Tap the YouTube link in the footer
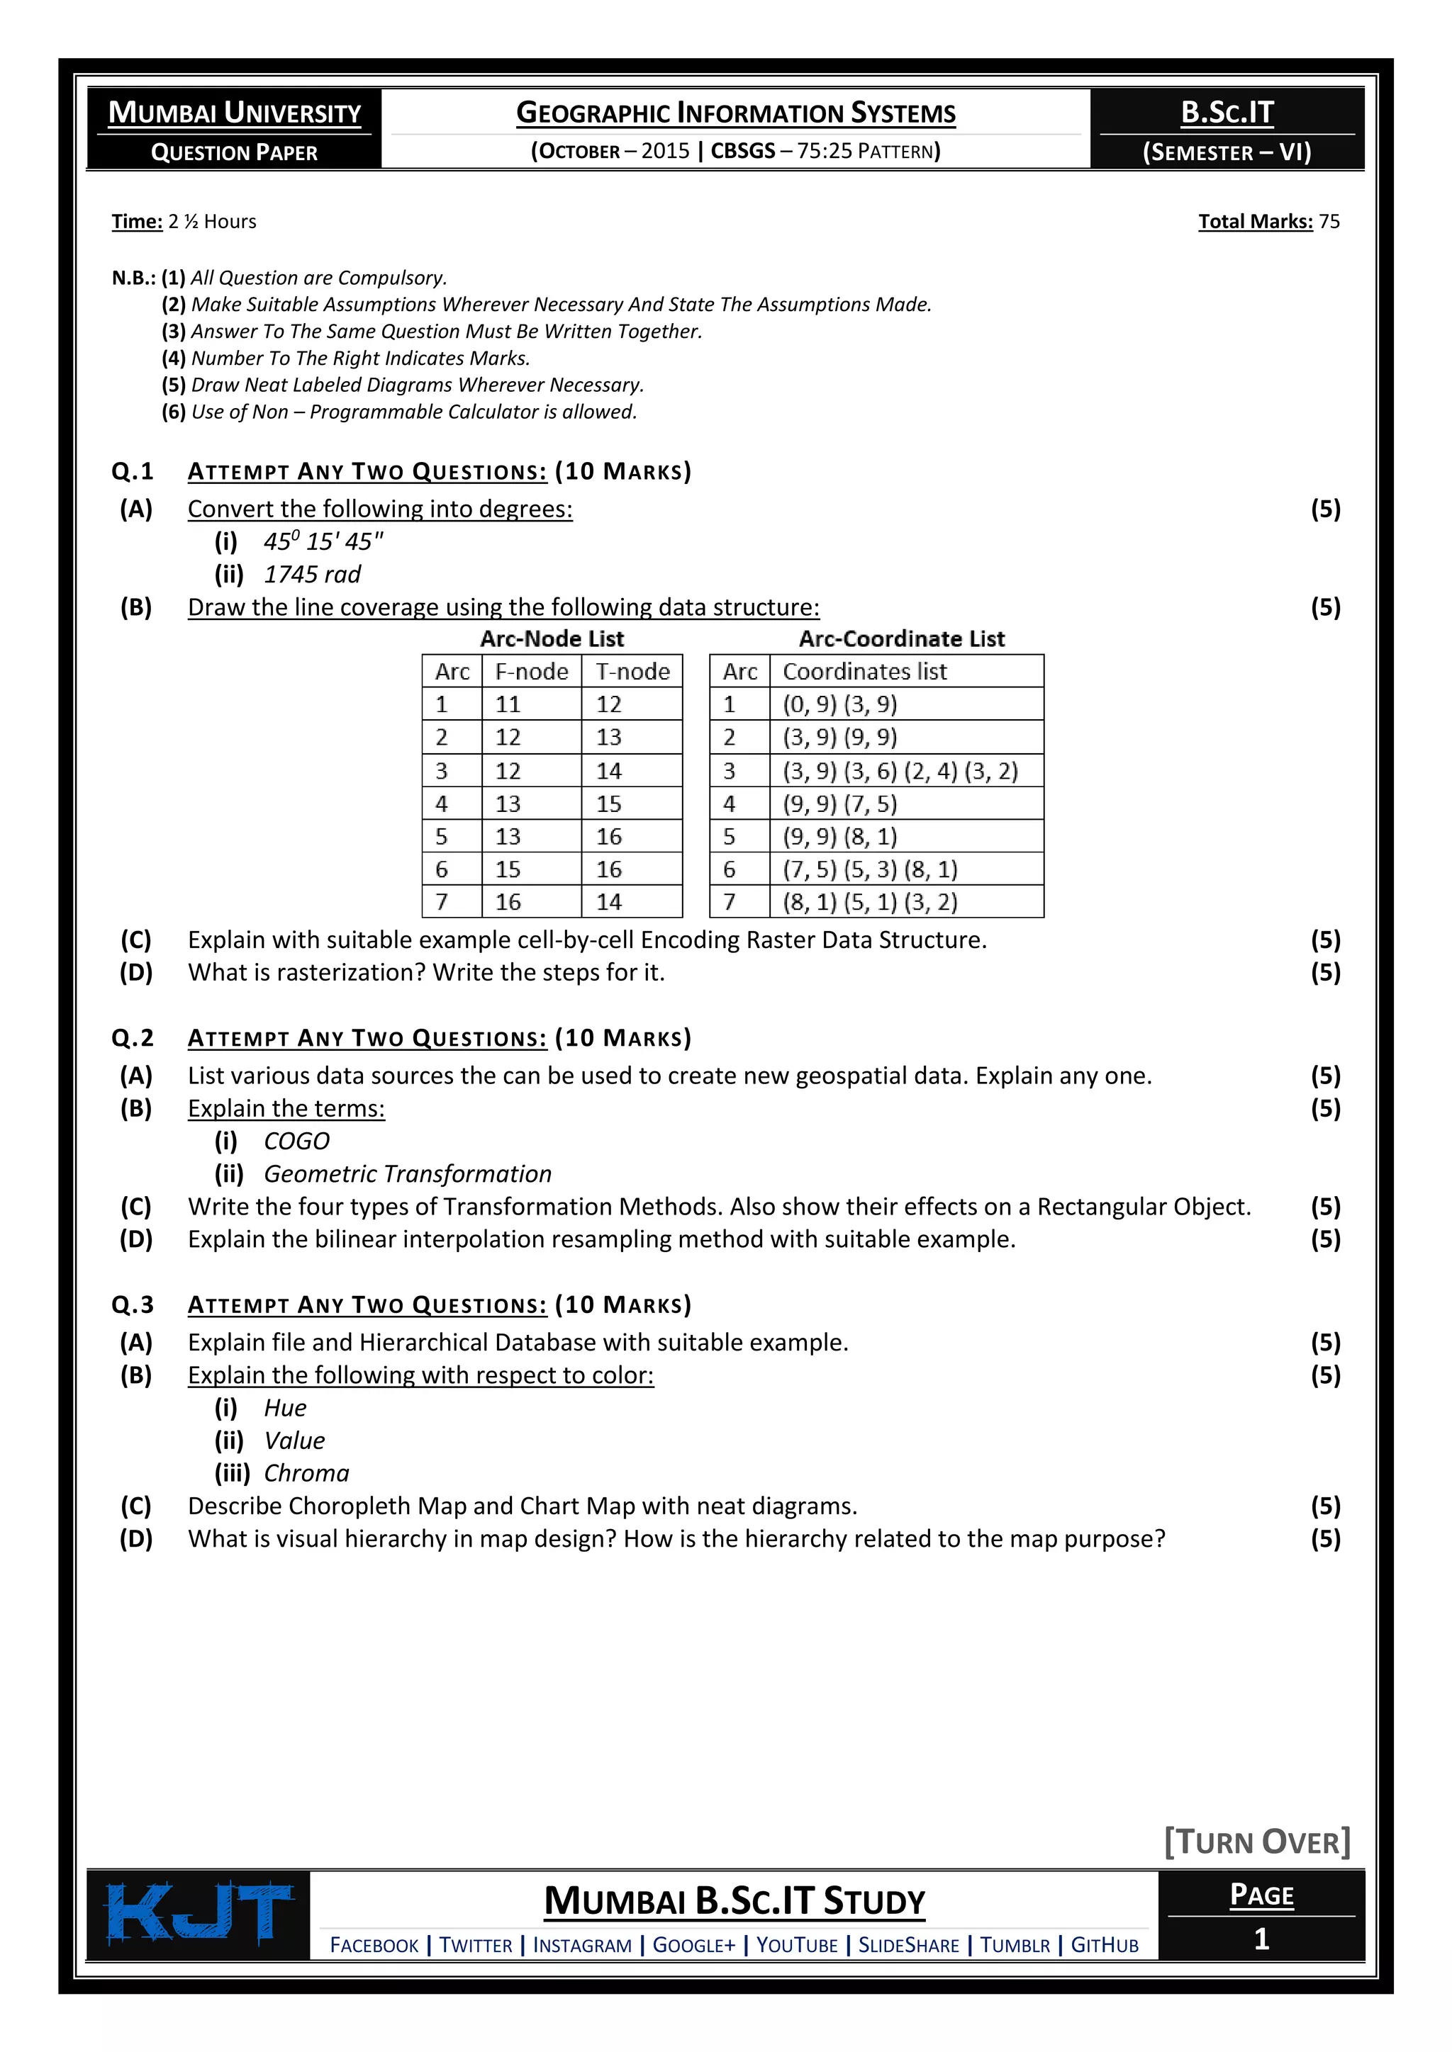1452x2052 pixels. [797, 1945]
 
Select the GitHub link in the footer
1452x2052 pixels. [1104, 1945]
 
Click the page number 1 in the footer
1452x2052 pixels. [1261, 1939]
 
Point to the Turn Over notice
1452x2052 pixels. [1256, 1842]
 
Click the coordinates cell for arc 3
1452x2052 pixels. [900, 770]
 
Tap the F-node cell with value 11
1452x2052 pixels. [508, 704]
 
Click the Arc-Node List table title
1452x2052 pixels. [552, 638]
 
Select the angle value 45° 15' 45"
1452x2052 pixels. [323, 541]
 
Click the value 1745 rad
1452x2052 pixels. [312, 575]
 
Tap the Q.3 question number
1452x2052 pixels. [133, 1305]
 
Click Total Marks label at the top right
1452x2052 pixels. [1256, 222]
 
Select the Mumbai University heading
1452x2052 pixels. [234, 113]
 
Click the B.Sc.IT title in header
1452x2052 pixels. [1227, 113]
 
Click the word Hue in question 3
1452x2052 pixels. [284, 1408]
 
